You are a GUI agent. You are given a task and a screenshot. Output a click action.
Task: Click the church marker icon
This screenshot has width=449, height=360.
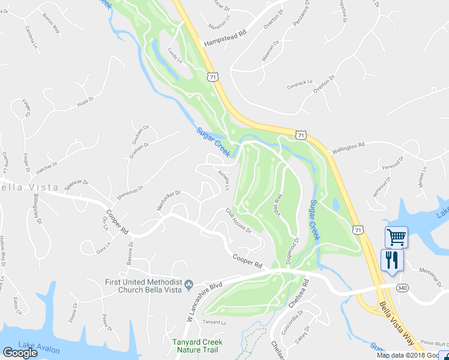(x=188, y=284)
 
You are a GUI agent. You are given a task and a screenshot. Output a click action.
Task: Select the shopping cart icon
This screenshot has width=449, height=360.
(x=396, y=237)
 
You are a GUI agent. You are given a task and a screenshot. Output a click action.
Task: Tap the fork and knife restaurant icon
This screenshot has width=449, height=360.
(x=392, y=260)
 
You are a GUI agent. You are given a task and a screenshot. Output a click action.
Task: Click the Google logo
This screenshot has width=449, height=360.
(x=20, y=353)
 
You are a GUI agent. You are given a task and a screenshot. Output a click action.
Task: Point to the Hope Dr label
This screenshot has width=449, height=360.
(x=86, y=103)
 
